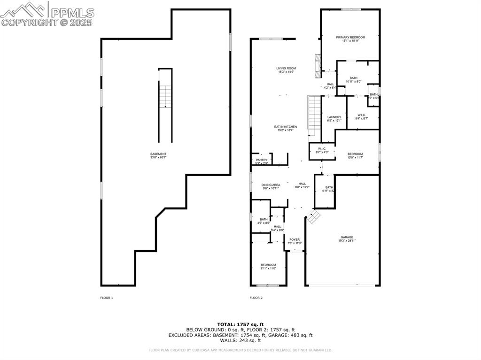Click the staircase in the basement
point(165,97)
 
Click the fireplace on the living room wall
point(318,65)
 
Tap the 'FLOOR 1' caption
point(107,298)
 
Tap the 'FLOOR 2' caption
point(256,298)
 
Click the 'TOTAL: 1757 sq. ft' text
point(240,324)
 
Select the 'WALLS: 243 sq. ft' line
point(240,340)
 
